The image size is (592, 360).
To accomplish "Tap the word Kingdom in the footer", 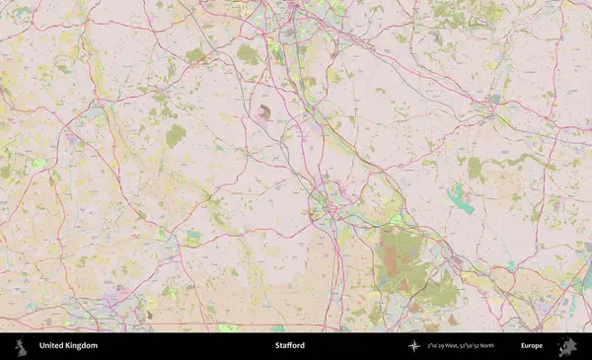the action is tap(81, 346).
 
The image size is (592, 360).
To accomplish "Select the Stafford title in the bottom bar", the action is tap(290, 346).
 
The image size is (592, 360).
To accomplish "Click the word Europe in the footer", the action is tap(532, 346).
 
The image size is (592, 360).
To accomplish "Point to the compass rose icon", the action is tap(413, 346).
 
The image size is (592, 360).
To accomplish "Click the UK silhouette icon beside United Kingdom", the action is tap(20, 346).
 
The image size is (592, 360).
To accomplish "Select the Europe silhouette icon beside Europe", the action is tap(566, 346).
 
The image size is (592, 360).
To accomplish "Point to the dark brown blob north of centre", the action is tap(264, 112).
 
